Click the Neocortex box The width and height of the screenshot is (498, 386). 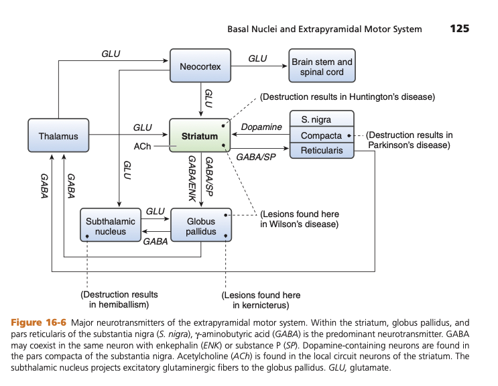[200, 66]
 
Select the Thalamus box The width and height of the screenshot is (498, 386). [58, 136]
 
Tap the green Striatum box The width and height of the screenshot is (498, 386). [200, 136]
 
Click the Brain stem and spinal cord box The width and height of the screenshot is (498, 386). [322, 66]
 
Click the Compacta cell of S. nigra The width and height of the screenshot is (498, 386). [321, 135]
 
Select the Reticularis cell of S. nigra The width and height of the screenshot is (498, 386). [321, 151]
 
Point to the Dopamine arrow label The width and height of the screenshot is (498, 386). [261, 127]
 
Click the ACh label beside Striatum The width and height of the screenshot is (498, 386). [143, 145]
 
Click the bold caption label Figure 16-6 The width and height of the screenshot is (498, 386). [39, 323]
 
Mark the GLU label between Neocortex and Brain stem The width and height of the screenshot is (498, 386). [257, 58]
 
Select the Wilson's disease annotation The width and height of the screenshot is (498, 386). [299, 219]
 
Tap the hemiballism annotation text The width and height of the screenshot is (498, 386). [119, 300]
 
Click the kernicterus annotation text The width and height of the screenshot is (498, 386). [261, 300]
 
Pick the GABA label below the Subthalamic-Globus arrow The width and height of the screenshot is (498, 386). [155, 242]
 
